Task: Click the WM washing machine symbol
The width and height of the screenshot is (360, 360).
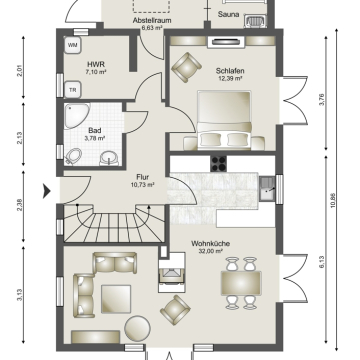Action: [x=73, y=45]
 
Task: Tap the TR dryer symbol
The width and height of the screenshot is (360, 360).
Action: [x=73, y=90]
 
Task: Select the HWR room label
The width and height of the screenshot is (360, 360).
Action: [x=94, y=64]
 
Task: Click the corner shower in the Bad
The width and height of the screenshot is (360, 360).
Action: [x=77, y=116]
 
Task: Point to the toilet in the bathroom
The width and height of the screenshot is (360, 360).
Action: [x=74, y=156]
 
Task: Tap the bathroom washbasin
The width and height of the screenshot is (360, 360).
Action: [x=109, y=158]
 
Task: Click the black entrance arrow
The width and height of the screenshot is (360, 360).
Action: [x=47, y=191]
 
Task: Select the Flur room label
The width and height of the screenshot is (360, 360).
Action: [x=143, y=177]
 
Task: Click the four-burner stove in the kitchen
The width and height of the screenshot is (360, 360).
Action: [x=218, y=164]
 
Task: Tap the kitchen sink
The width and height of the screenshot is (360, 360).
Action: [x=267, y=189]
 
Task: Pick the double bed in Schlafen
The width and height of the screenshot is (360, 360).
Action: [x=224, y=120]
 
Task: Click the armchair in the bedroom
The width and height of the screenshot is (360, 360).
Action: [x=186, y=67]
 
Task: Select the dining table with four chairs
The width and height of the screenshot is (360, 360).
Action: [x=241, y=283]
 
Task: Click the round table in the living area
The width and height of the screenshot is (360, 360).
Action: [x=137, y=328]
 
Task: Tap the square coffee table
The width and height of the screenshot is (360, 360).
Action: [x=116, y=299]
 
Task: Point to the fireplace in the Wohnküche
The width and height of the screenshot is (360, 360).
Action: [x=172, y=273]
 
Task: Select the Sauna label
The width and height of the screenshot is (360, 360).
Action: [x=228, y=14]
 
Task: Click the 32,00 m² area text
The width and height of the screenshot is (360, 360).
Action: [x=210, y=251]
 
